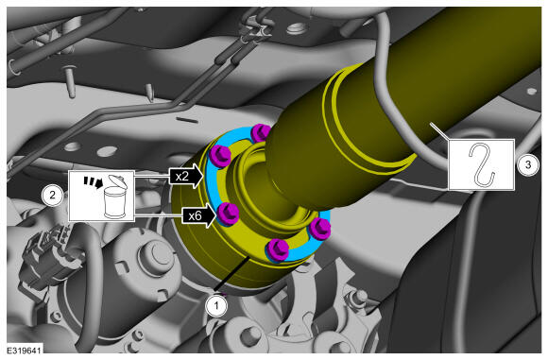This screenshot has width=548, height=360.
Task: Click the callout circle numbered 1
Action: pyautogui.click(x=216, y=306)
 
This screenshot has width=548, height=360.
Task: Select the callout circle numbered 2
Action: pyautogui.click(x=52, y=195)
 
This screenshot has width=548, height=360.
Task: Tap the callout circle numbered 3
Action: pyautogui.click(x=528, y=164)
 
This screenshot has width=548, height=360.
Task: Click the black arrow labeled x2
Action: pyautogui.click(x=186, y=176)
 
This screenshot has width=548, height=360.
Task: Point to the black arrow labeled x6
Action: pyautogui.click(x=198, y=215)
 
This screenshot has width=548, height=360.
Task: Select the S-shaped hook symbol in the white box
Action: pyautogui.click(x=482, y=165)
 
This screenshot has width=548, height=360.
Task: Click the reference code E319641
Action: pyautogui.click(x=25, y=350)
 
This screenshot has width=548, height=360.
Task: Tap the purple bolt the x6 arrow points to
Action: pyautogui.click(x=228, y=214)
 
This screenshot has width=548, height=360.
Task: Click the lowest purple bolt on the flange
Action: pyautogui.click(x=278, y=249)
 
